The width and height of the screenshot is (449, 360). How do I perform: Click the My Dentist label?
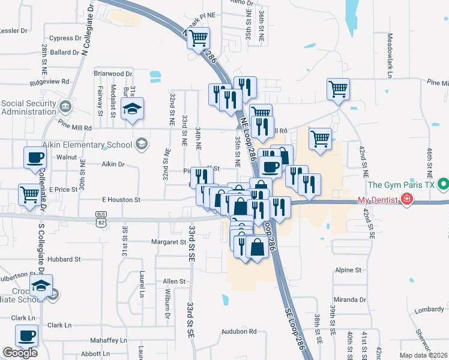(379, 199)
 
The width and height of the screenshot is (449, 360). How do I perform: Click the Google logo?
(20, 353)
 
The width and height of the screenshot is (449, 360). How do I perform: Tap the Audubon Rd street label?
(238, 331)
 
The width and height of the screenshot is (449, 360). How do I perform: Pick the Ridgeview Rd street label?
(53, 81)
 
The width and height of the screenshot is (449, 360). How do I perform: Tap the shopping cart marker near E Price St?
(29, 194)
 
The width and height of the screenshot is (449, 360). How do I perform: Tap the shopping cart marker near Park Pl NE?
(198, 39)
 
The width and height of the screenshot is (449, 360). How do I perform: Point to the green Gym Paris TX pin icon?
(444, 184)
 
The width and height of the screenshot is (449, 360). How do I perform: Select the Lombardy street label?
(429, 310)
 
